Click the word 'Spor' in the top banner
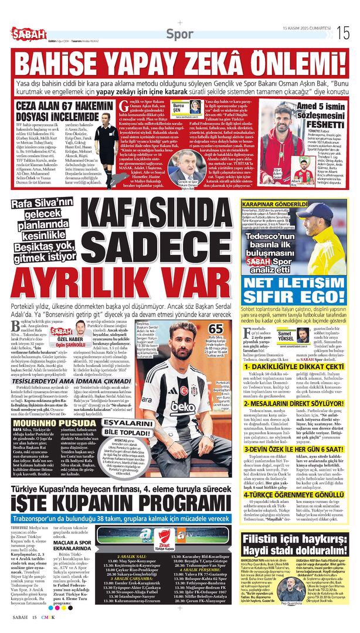coord(178,33)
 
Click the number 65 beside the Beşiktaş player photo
coord(215,329)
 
